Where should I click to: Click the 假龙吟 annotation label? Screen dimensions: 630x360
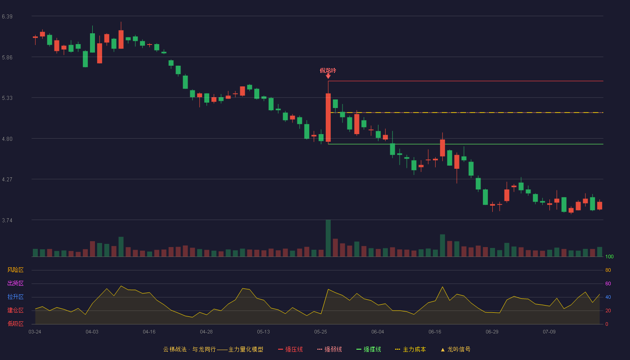(x=328, y=71)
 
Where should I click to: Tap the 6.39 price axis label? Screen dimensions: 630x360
(x=7, y=17)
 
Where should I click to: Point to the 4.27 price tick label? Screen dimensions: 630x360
(x=7, y=180)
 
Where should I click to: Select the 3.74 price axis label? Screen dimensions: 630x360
(x=7, y=220)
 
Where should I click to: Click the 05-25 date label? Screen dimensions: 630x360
(x=320, y=332)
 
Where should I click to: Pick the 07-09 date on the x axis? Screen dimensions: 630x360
(x=549, y=332)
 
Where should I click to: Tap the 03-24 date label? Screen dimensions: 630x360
(x=35, y=332)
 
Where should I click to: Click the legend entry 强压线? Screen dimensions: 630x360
(x=291, y=349)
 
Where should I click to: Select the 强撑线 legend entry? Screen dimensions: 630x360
(x=369, y=349)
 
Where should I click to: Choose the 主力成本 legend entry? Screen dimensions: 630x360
(x=410, y=349)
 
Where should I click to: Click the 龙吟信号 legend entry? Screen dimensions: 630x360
(x=455, y=349)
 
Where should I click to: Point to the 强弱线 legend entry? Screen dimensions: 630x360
(x=329, y=349)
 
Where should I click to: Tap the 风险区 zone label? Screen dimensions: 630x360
(x=15, y=270)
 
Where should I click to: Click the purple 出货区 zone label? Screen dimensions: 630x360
(x=15, y=283)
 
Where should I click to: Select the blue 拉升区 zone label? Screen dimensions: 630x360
(x=15, y=297)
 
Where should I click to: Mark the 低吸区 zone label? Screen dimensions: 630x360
(x=15, y=324)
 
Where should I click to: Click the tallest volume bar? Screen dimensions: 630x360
(x=328, y=238)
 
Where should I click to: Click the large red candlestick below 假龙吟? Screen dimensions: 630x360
(x=328, y=117)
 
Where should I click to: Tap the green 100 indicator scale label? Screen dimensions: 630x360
(x=609, y=256)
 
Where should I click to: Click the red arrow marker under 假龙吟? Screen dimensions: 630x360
(x=328, y=76)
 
